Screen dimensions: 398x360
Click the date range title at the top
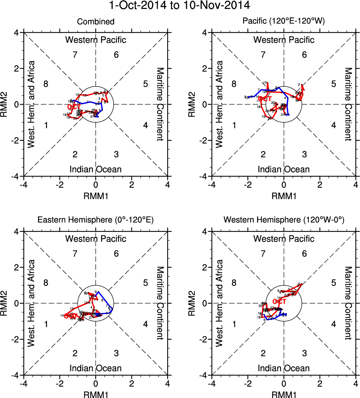[180, 6]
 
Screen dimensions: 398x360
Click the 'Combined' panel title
[96, 22]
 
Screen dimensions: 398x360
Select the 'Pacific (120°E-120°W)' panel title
[284, 22]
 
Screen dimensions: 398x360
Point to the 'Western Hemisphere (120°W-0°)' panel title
[284, 221]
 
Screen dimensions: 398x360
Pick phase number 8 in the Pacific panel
[234, 84]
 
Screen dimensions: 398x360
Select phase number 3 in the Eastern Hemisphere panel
[116, 353]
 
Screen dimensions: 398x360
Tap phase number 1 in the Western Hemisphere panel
[234, 324]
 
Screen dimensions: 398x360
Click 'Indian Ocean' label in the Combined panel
[96, 169]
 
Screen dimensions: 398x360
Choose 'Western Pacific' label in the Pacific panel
[284, 40]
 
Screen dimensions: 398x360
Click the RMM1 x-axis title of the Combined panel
[96, 195]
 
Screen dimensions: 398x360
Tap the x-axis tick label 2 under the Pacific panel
[320, 185]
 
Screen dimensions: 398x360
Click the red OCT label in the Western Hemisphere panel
[279, 302]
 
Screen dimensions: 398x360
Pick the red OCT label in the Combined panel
[72, 107]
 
